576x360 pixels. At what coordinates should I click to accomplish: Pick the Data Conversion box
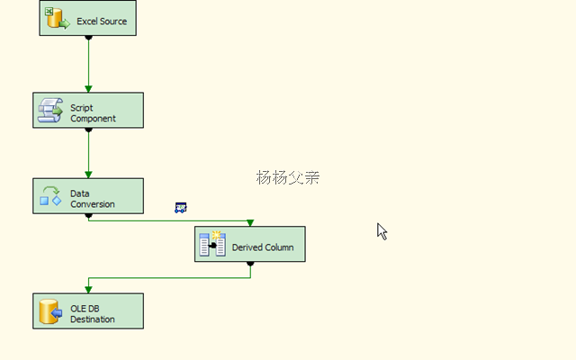click(x=87, y=195)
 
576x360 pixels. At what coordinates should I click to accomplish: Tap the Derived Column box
click(x=250, y=244)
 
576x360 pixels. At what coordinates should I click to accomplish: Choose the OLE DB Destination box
click(x=87, y=310)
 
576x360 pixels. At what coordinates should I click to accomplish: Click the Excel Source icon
click(x=58, y=18)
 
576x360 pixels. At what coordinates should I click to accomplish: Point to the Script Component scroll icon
click(x=50, y=111)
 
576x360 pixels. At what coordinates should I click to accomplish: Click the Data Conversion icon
click(x=50, y=195)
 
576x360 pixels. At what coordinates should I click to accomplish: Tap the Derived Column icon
click(x=212, y=244)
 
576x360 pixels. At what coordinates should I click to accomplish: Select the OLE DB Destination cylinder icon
click(x=49, y=311)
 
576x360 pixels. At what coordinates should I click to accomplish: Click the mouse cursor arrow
click(x=382, y=231)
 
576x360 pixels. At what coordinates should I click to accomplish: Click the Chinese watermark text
click(x=288, y=177)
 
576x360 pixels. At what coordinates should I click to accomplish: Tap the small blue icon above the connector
click(x=181, y=208)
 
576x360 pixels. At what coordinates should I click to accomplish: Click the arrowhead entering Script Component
click(x=88, y=88)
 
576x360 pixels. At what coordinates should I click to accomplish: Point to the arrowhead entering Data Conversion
click(x=88, y=174)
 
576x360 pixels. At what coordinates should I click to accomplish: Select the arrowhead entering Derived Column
click(x=250, y=222)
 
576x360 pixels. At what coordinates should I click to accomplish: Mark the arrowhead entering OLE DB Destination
click(x=88, y=289)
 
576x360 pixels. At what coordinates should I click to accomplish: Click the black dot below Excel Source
click(x=88, y=38)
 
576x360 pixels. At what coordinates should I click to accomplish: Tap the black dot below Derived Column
click(x=250, y=264)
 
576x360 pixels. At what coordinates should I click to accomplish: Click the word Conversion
click(x=93, y=204)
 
